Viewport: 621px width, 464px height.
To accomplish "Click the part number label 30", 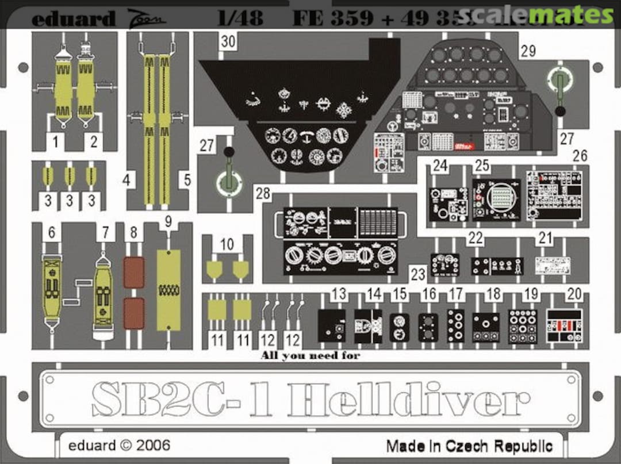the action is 228,42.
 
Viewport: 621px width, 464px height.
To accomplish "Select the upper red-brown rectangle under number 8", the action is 134,272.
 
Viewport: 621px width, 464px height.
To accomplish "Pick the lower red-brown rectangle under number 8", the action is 134,313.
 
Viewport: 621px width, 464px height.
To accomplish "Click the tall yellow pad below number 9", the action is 168,290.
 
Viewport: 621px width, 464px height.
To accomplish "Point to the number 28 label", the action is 263,193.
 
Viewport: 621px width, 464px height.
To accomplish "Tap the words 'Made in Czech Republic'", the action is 469,446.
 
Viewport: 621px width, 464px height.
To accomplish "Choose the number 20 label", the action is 573,294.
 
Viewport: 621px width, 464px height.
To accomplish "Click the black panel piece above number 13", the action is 332,325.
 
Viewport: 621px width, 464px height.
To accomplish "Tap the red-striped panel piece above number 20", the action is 564,325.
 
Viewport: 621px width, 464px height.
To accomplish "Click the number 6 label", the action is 52,233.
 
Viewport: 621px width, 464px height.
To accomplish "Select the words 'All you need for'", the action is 310,356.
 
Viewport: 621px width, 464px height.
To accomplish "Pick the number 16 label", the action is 428,294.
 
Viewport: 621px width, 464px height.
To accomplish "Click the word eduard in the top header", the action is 73,19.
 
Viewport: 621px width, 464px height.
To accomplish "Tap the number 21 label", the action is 545,239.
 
